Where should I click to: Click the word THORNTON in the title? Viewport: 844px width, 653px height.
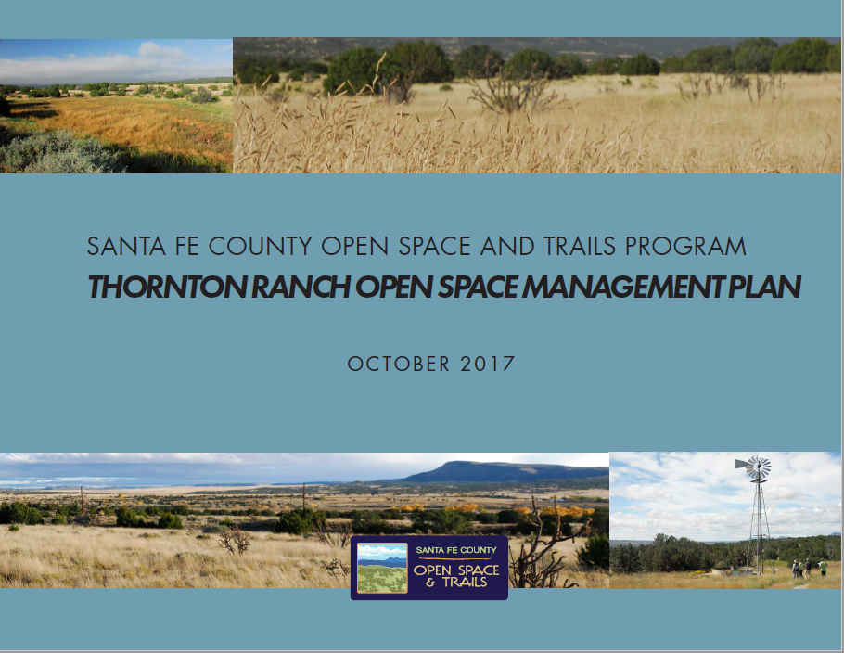point(167,287)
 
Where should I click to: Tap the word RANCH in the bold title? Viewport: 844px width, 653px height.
point(301,287)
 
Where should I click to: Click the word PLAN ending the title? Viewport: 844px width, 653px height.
point(764,287)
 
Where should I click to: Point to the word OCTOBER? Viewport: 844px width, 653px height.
point(398,364)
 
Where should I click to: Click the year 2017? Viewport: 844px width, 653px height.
point(488,364)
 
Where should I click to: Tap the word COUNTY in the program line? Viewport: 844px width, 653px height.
point(260,247)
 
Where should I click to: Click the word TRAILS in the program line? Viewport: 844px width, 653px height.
point(579,247)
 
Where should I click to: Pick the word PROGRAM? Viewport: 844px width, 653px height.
point(685,247)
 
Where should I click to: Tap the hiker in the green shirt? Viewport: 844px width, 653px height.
point(823,568)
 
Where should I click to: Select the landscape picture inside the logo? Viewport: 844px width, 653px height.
point(382,568)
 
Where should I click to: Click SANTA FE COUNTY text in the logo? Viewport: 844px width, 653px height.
point(456,550)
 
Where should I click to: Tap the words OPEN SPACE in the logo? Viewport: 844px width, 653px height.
point(456,570)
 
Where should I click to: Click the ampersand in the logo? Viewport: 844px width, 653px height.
point(430,583)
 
